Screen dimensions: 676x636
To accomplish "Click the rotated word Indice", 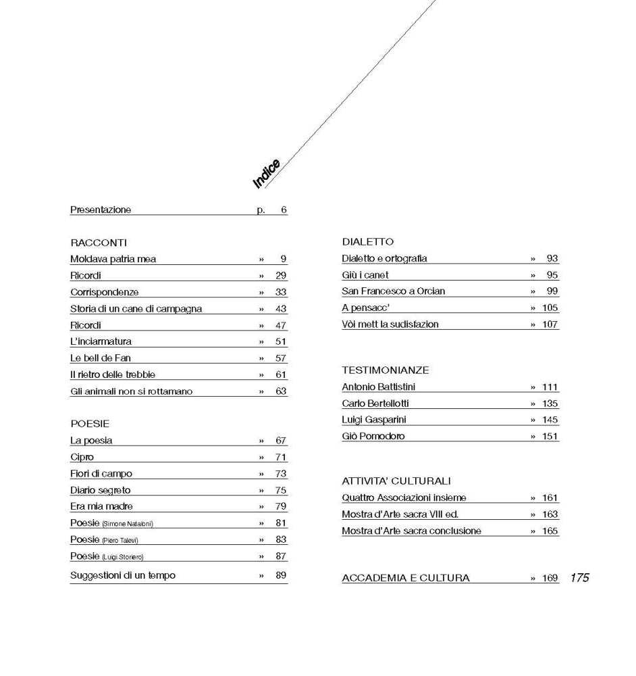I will click(x=267, y=174).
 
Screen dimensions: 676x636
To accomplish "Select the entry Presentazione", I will click(x=101, y=210).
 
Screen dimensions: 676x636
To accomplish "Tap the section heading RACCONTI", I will click(x=99, y=243).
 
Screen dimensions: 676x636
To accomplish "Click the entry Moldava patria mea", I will click(x=113, y=259).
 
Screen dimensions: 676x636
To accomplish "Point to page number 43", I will click(x=280, y=309).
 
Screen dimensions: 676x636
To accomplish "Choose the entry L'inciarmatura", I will click(x=101, y=341).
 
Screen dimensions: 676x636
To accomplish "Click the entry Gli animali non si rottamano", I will click(x=131, y=391).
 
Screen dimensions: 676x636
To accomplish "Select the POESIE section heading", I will click(x=90, y=424).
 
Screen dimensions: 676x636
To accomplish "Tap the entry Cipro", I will click(x=82, y=457).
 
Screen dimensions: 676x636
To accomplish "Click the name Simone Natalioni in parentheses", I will click(x=128, y=524).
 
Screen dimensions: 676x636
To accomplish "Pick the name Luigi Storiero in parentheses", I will click(x=123, y=557).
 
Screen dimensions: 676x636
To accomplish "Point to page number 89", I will click(x=281, y=575).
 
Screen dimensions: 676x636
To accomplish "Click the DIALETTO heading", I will click(x=367, y=241).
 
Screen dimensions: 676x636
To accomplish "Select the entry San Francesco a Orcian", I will click(x=393, y=291).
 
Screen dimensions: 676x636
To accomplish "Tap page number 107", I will click(x=550, y=324).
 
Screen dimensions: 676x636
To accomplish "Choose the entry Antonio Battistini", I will click(x=378, y=387).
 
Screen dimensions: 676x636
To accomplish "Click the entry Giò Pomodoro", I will click(x=373, y=436).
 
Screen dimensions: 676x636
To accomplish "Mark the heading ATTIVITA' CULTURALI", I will click(x=396, y=481).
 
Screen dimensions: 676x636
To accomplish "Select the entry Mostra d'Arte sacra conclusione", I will click(x=411, y=531).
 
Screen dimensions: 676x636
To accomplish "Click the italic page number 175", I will click(x=579, y=577).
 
